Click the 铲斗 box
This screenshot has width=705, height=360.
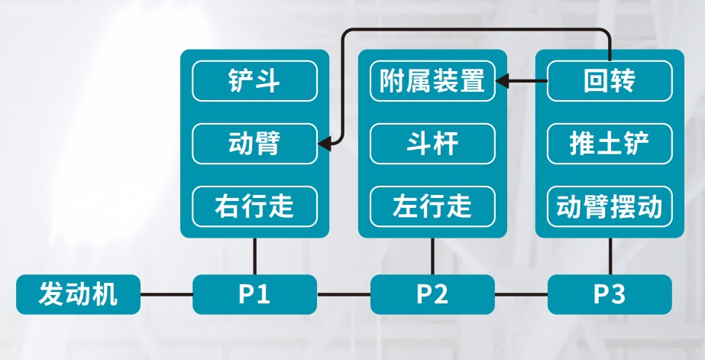(x=254, y=81)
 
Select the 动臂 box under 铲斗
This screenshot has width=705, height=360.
(x=254, y=144)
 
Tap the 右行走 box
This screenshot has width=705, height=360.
(x=254, y=206)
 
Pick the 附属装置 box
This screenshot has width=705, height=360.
(x=432, y=81)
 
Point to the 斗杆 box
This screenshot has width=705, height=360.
(x=432, y=144)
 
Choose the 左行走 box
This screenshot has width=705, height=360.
(x=432, y=206)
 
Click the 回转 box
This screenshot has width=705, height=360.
(x=610, y=81)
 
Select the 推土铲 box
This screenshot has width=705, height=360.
(x=610, y=144)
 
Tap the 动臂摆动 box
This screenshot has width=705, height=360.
(x=610, y=206)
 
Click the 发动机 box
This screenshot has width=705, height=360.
(x=78, y=294)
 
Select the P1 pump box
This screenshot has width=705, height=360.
(x=254, y=294)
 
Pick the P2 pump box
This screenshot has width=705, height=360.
(x=432, y=294)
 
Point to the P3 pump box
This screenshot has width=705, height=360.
(x=610, y=294)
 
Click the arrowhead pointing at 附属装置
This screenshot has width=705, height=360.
(x=502, y=81)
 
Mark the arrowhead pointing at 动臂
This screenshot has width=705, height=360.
(x=324, y=144)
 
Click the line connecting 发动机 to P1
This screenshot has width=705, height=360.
(x=167, y=295)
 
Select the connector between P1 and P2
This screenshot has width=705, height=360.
(x=344, y=295)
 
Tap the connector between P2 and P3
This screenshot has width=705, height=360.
(x=521, y=295)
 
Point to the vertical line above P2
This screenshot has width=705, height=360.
(x=432, y=256)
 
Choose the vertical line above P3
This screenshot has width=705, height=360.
(x=610, y=256)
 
